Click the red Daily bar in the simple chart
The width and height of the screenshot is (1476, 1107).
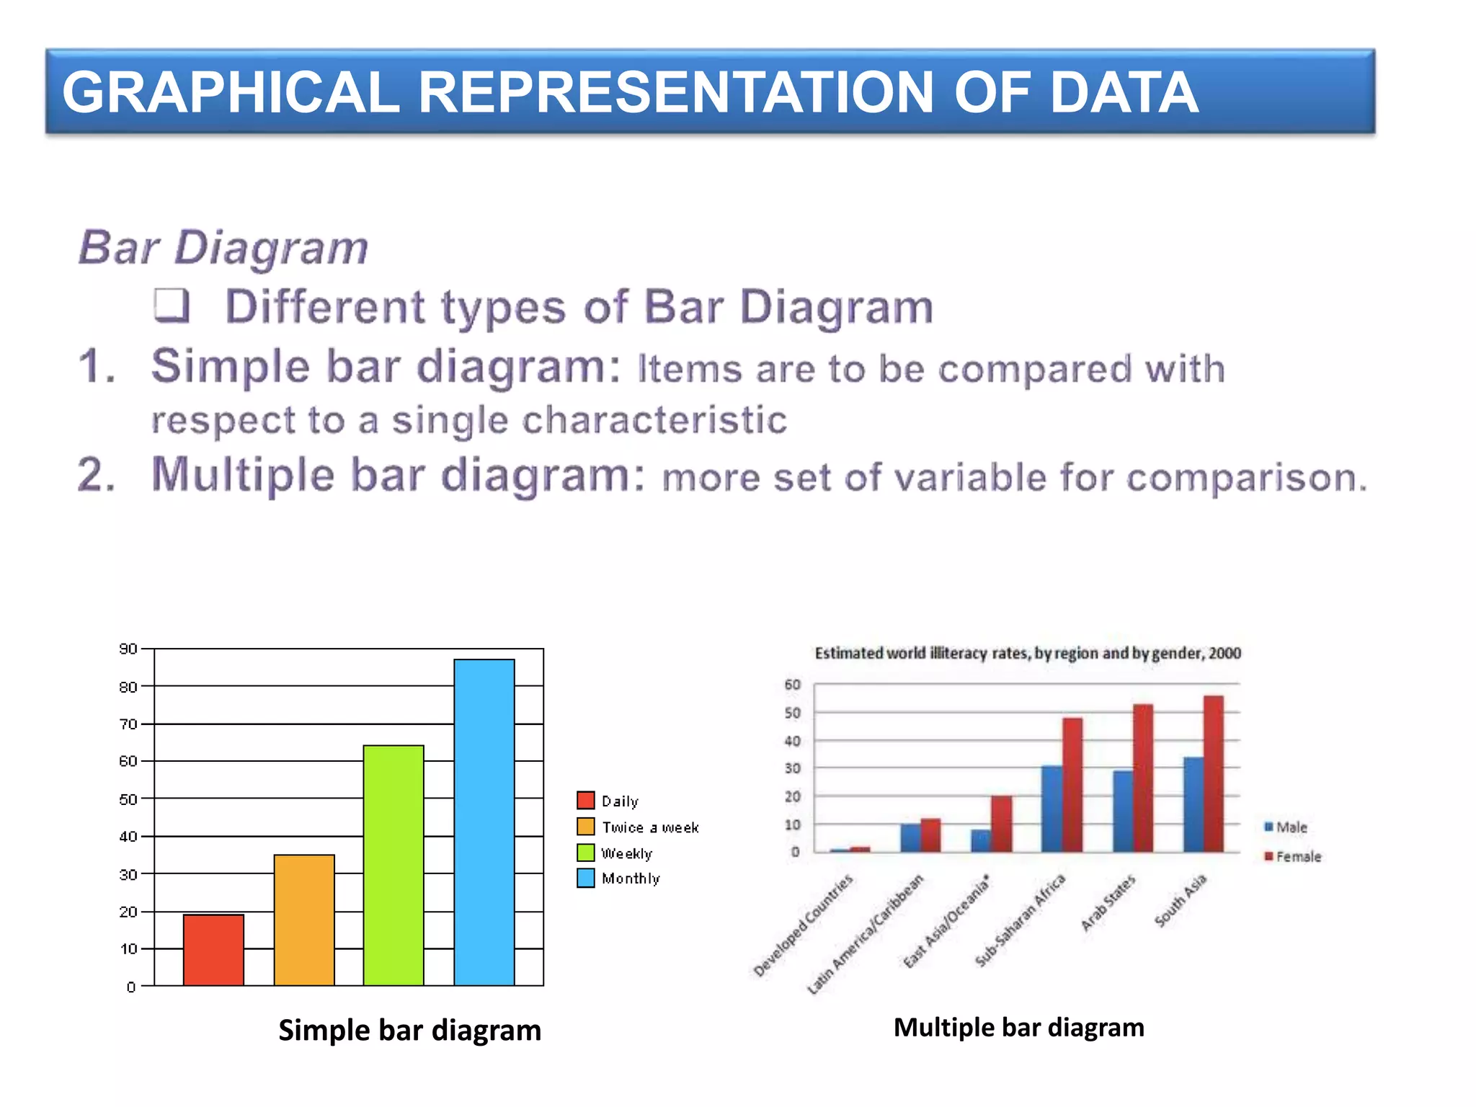tap(213, 950)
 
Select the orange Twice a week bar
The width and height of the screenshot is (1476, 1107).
tap(304, 920)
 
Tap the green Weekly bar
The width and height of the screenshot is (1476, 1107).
tap(394, 865)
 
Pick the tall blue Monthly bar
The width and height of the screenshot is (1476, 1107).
tap(484, 822)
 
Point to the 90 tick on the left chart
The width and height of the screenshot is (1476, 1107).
tap(128, 649)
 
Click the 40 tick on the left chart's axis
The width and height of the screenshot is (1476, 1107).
tap(128, 836)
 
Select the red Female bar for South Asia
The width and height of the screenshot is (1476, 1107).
tap(1214, 775)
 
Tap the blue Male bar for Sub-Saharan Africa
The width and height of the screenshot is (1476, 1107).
tap(1052, 809)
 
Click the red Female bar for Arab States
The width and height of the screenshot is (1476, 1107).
tap(1143, 778)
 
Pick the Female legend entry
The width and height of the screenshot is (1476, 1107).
tap(1294, 857)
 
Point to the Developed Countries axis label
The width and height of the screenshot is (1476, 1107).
tap(803, 925)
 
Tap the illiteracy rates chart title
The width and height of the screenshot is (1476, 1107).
tap(1028, 654)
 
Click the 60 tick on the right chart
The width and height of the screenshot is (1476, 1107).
tap(792, 685)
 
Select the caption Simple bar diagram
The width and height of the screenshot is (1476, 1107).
tap(409, 1030)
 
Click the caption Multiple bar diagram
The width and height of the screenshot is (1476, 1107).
tap(1018, 1027)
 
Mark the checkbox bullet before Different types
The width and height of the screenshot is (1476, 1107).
tap(172, 306)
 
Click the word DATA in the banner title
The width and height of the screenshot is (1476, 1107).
tap(1124, 92)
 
